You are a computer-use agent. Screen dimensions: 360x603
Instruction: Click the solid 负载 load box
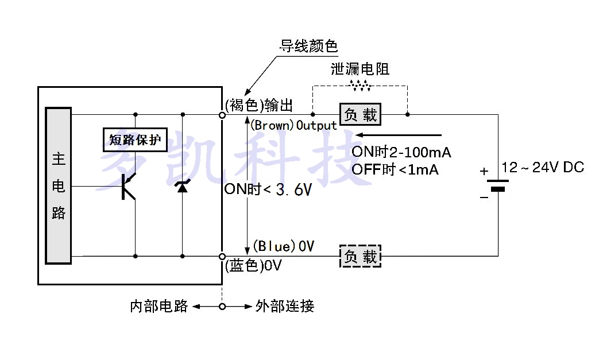pos(361,115)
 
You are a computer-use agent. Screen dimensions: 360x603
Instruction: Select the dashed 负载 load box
pos(361,256)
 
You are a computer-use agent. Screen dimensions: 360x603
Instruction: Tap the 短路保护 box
pos(134,139)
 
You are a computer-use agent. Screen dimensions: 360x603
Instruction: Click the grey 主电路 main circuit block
pos(59,185)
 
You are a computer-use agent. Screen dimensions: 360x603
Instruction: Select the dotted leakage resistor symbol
pos(360,86)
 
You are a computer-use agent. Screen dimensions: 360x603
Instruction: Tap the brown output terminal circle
pos(222,115)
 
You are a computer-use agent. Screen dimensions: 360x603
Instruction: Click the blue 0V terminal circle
pos(222,256)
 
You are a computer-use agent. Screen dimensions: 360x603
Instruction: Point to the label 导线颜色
pos(309,46)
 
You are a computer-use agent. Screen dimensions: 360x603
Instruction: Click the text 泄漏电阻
pos(360,69)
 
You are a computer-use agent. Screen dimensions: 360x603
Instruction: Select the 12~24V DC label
pos(543,167)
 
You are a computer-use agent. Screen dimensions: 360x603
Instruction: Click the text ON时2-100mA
pos(401,152)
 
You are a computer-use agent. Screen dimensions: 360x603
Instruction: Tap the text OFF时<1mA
pos(395,169)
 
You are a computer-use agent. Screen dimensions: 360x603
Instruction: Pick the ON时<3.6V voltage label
pos(268,190)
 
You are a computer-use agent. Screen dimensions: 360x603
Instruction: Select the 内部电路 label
pos(159,306)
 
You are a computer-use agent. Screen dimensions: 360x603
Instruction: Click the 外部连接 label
pos(284,306)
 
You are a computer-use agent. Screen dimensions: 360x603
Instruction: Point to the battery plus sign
pos(484,171)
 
